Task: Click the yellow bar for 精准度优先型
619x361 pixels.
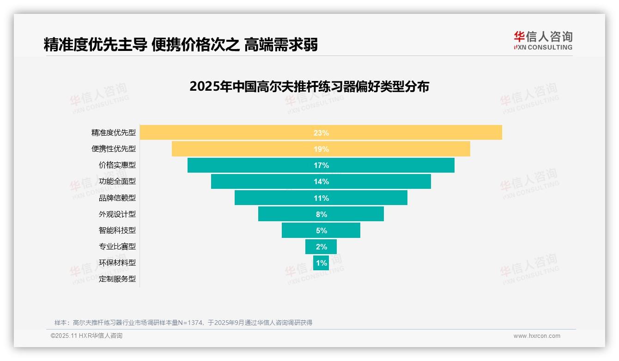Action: (231, 132)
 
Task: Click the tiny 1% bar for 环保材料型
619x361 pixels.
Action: (321, 263)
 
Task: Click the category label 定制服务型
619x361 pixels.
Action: (117, 279)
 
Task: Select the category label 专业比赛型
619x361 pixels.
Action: (117, 247)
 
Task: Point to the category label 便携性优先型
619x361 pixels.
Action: (114, 149)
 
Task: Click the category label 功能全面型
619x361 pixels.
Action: (117, 181)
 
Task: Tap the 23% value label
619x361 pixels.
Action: (321, 133)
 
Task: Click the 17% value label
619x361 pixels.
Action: (321, 165)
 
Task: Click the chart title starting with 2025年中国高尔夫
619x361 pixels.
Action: (309, 87)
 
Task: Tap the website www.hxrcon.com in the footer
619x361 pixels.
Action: (537, 336)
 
